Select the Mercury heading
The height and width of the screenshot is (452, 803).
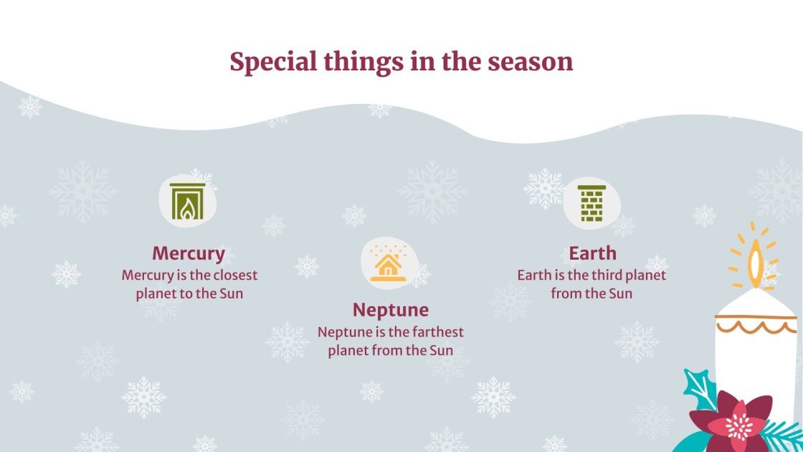tap(189, 253)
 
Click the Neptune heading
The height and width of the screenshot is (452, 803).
tap(390, 310)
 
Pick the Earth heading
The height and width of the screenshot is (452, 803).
tap(592, 253)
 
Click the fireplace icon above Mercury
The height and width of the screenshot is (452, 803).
tap(187, 200)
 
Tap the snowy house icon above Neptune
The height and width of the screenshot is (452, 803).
tap(389, 262)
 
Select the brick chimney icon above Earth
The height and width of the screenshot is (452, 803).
tap(591, 204)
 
